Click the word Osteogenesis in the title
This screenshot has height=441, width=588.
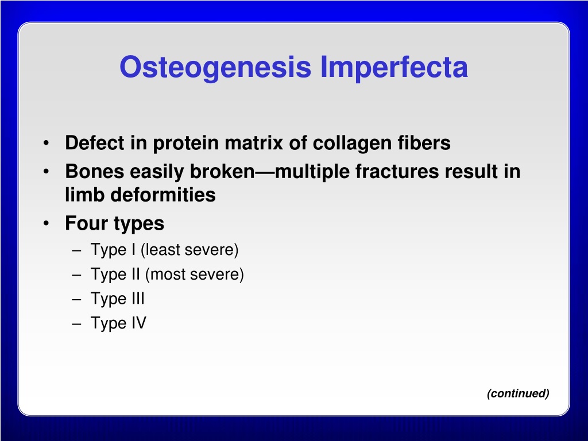(x=215, y=67)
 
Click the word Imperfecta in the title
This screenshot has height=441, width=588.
(x=394, y=67)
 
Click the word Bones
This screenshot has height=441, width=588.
(x=95, y=172)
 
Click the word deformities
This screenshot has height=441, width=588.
(x=163, y=195)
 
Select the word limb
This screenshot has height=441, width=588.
(x=85, y=195)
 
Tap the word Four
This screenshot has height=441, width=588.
(x=87, y=223)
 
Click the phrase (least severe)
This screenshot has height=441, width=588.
(x=189, y=250)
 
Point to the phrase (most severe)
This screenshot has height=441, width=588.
(x=195, y=274)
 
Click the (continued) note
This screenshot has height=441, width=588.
(x=518, y=393)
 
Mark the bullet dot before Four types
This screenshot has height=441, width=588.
(x=46, y=223)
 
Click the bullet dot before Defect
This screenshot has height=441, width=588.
(x=46, y=143)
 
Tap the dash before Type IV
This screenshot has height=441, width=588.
(x=76, y=324)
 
